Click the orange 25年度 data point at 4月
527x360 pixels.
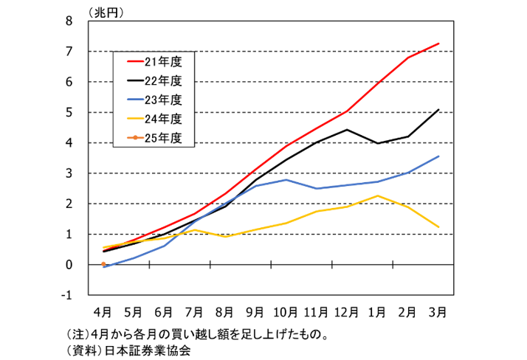pyautogui.click(x=103, y=264)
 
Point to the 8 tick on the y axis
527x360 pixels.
pyautogui.click(x=69, y=21)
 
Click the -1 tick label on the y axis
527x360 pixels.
pyautogui.click(x=66, y=295)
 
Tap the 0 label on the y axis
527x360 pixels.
pyautogui.click(x=69, y=265)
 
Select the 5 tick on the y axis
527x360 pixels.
pyautogui.click(x=69, y=113)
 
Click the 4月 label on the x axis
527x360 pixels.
pyautogui.click(x=103, y=311)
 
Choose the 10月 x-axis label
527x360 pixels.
pyautogui.click(x=286, y=311)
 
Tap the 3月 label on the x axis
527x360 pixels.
pyautogui.click(x=439, y=311)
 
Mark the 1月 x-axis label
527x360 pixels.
pyautogui.click(x=378, y=311)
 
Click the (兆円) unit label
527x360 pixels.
pyautogui.click(x=106, y=10)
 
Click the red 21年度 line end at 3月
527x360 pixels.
pyautogui.click(x=439, y=44)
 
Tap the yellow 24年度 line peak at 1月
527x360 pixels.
pyautogui.click(x=378, y=195)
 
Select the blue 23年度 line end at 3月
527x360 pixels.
pyautogui.click(x=439, y=156)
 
